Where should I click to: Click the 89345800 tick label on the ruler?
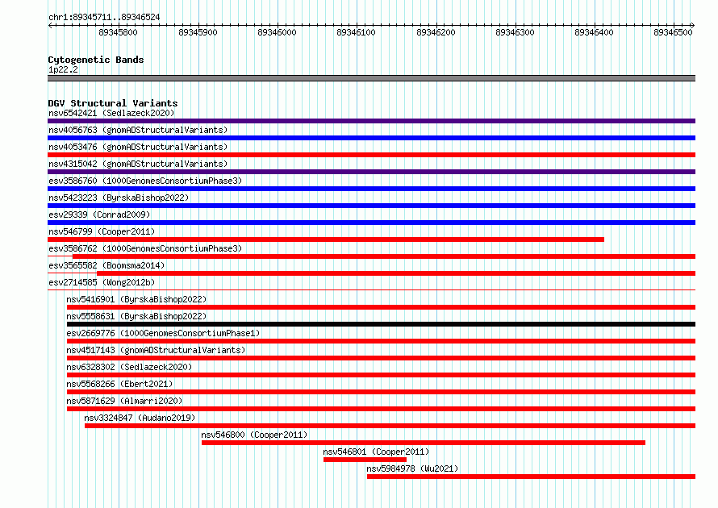118,32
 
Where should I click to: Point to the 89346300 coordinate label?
516,32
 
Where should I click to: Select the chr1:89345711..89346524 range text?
104,18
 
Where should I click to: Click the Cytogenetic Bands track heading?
96,60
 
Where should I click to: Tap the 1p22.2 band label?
63,69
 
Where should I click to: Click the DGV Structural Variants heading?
113,103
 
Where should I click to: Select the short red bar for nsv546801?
365,460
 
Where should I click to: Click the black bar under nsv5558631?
381,324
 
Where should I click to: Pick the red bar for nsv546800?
424,443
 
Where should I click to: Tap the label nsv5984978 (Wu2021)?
412,468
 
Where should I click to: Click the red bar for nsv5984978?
531,477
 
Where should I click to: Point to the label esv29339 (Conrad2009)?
99,214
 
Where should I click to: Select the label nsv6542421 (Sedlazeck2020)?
111,113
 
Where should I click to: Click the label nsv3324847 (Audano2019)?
140,418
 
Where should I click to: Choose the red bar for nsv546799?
326,239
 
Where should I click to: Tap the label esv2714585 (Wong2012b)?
102,282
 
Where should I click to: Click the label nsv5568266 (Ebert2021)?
120,384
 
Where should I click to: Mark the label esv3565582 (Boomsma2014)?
106,265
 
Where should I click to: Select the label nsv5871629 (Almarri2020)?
124,401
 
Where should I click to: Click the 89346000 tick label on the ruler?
277,32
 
